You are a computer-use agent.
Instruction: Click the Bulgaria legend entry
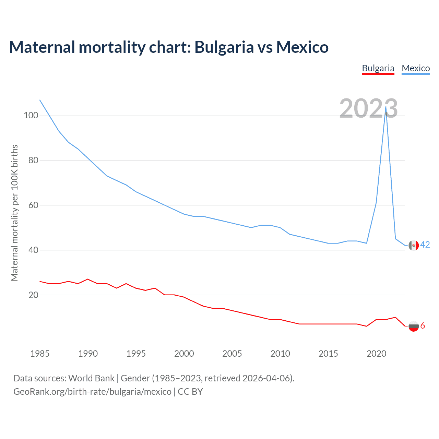[x=378, y=68]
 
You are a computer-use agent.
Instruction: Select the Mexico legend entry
[x=416, y=68]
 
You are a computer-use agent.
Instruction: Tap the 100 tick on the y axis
[x=31, y=116]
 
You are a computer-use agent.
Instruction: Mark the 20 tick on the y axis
[x=33, y=295]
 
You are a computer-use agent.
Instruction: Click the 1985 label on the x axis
[x=40, y=354]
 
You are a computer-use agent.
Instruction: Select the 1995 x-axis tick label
[x=136, y=354]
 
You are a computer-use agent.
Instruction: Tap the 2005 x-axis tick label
[x=232, y=354]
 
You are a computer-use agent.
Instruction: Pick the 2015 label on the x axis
[x=328, y=354]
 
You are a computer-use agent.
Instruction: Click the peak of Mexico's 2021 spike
[x=386, y=107]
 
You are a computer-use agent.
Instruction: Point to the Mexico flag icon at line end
[x=414, y=245]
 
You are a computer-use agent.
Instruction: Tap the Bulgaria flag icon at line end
[x=414, y=326]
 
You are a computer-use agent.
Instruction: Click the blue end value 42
[x=425, y=245]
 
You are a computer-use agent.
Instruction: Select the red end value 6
[x=423, y=325]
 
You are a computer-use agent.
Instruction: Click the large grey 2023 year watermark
[x=369, y=108]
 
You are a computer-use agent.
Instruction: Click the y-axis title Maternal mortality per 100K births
[x=14, y=213]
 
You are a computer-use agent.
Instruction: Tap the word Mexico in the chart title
[x=302, y=47]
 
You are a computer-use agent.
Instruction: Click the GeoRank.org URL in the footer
[x=92, y=392]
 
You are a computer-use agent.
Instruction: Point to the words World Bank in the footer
[x=91, y=378]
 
